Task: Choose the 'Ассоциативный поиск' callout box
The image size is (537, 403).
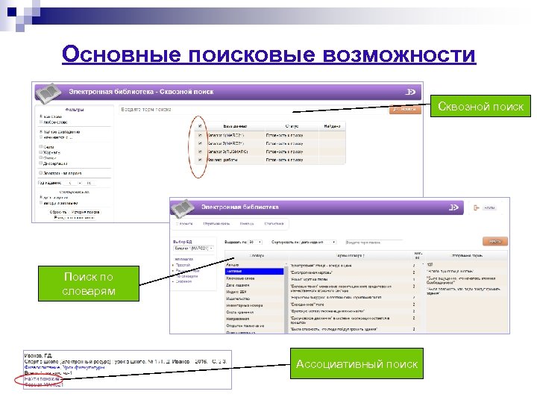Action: (357, 364)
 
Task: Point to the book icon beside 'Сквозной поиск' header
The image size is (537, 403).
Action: (48, 93)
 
